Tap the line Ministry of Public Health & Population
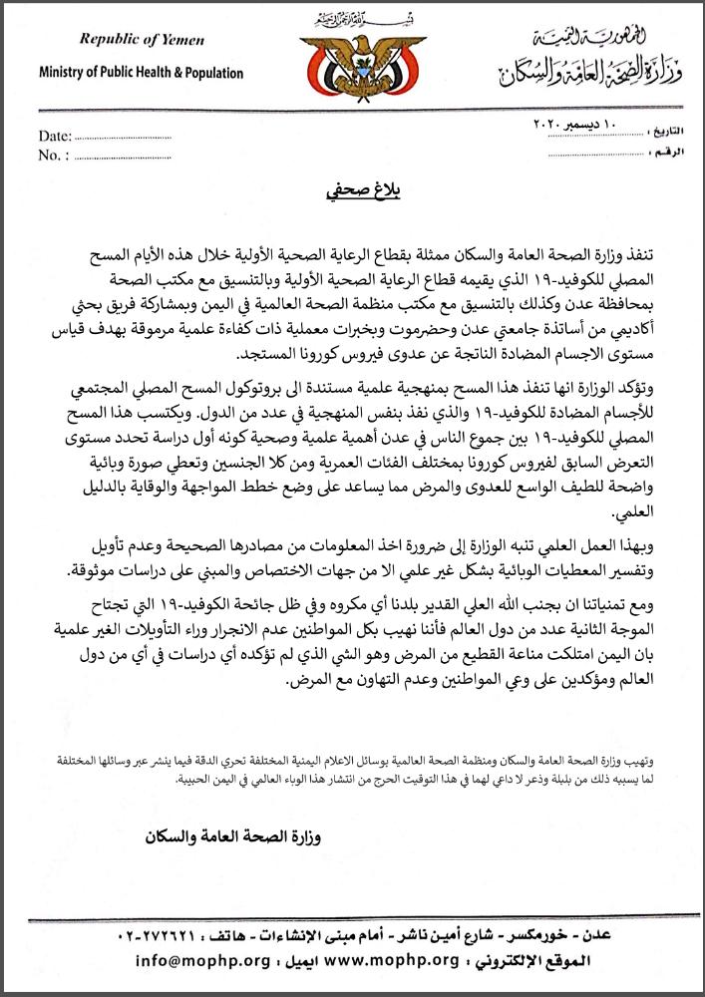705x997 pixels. [141, 73]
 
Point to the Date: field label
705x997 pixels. [55, 135]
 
